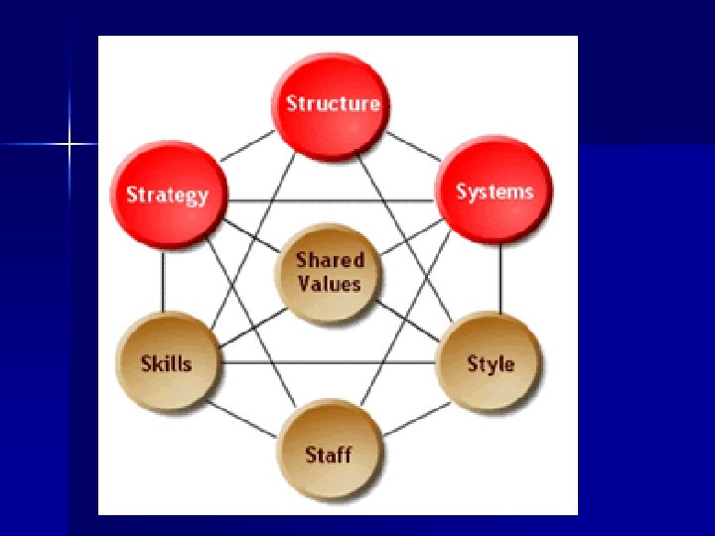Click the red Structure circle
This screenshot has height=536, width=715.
tap(333, 103)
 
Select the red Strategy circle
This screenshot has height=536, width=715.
tap(168, 195)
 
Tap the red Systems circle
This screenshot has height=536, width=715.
tap(494, 191)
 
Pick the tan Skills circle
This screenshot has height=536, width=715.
tap(167, 362)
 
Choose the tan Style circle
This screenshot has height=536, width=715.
tap(491, 362)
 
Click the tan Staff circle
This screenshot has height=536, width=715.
tap(329, 455)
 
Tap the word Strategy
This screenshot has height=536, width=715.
tap(168, 195)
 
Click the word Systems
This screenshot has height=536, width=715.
tap(494, 192)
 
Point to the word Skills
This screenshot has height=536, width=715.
tap(167, 363)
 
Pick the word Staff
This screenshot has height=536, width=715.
tap(329, 456)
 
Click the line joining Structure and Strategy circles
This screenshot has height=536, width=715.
tap(247, 146)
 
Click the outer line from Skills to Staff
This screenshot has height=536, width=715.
tap(245, 420)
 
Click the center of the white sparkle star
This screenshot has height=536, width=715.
tap(70, 145)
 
